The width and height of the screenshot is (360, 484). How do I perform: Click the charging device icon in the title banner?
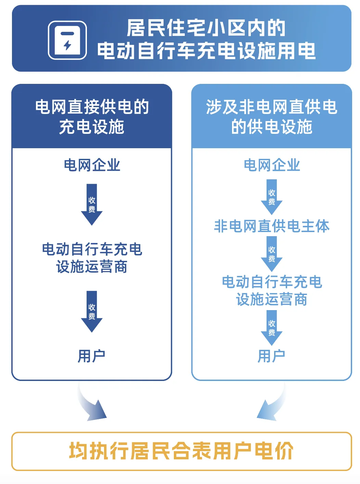tap(67, 40)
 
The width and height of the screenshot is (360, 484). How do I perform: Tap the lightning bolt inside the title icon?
tap(67, 45)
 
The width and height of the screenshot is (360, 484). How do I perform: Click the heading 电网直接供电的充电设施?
tap(92, 116)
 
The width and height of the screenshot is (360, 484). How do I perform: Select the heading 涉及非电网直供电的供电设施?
tap(272, 116)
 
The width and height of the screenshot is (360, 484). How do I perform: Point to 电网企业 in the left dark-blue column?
tap(92, 165)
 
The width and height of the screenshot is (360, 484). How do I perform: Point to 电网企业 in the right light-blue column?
tap(272, 165)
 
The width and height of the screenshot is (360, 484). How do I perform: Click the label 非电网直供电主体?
tap(272, 226)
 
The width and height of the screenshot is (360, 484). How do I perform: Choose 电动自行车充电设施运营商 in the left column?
tap(92, 258)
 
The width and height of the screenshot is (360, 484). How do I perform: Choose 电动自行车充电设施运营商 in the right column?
tap(272, 291)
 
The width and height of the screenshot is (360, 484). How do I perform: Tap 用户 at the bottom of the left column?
tap(91, 356)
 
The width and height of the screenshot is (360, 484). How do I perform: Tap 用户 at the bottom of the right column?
tap(271, 356)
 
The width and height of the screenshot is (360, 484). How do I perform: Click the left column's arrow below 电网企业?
tap(92, 205)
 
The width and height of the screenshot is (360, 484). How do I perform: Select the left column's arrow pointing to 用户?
tap(92, 311)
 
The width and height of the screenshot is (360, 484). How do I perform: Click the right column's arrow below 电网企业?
tap(272, 197)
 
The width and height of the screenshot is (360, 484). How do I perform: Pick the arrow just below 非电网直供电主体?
tap(272, 254)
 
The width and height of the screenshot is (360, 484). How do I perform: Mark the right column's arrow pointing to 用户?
tap(272, 328)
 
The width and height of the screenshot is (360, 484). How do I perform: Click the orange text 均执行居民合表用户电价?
tap(181, 451)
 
